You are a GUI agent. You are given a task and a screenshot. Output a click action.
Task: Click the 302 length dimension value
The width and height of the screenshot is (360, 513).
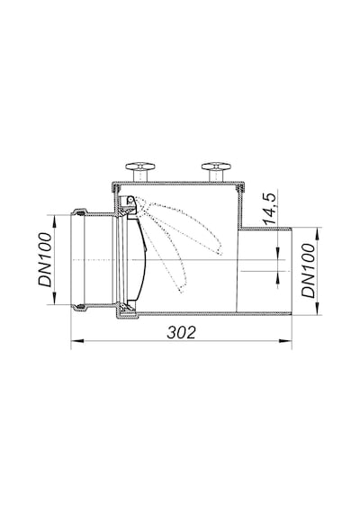point(181,332)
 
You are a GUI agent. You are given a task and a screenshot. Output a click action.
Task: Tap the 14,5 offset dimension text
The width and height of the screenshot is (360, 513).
point(271,209)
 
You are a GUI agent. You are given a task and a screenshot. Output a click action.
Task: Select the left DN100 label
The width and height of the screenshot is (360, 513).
point(45,259)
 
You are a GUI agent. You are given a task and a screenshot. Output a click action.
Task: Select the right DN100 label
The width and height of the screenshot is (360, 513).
point(309,271)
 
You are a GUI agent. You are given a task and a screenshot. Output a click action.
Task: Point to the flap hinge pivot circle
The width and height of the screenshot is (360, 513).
point(130,199)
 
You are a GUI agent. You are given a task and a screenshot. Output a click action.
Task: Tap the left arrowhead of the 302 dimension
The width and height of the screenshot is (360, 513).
point(77,341)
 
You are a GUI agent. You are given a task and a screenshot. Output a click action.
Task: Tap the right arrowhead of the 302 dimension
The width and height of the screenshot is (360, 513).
point(285,341)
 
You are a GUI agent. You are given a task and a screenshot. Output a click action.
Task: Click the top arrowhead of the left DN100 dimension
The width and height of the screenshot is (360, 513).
point(54,220)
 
